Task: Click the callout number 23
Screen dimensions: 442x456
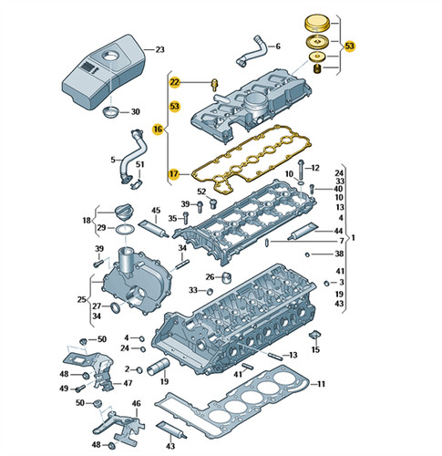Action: pyautogui.click(x=159, y=49)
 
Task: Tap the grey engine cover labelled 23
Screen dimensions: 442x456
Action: pyautogui.click(x=104, y=72)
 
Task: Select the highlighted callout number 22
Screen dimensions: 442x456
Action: pyautogui.click(x=175, y=82)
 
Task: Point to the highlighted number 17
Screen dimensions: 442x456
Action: pyautogui.click(x=174, y=174)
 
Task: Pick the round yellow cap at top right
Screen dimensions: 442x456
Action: pyautogui.click(x=317, y=24)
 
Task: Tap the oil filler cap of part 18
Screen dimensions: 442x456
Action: pyautogui.click(x=124, y=212)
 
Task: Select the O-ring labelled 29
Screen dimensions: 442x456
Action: pyautogui.click(x=125, y=230)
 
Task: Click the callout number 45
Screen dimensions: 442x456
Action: pyautogui.click(x=156, y=211)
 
